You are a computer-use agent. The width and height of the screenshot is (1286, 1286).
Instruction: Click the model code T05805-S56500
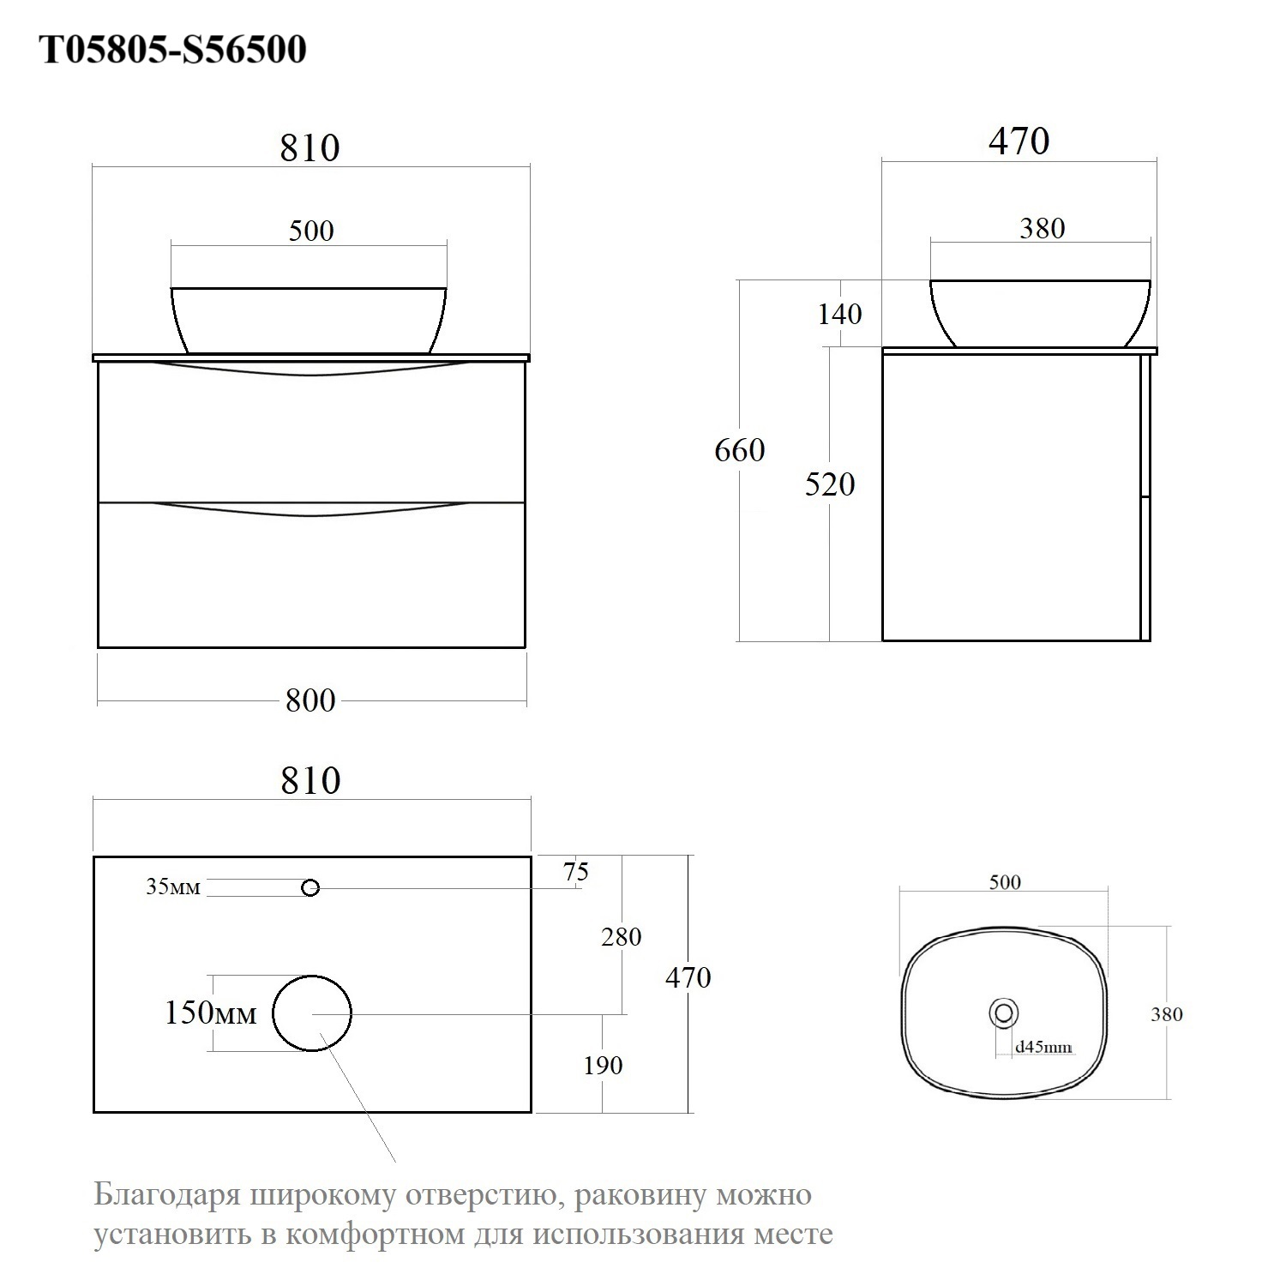pos(174,50)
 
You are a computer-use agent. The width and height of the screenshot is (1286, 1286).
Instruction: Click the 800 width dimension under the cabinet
pos(310,700)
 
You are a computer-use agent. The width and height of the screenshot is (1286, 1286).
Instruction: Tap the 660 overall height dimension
pos(740,450)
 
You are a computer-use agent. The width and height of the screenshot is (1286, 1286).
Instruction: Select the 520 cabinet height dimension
pos(830,484)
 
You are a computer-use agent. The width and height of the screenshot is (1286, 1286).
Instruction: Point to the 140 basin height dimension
pos(839,314)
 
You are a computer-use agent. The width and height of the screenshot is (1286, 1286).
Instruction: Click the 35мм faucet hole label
pos(172,886)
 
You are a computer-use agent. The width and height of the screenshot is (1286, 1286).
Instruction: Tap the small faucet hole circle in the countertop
pos(310,888)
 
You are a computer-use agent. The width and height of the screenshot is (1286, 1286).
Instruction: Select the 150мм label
pos(210,1013)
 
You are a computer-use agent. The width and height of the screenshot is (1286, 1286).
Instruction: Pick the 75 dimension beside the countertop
pos(576,871)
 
